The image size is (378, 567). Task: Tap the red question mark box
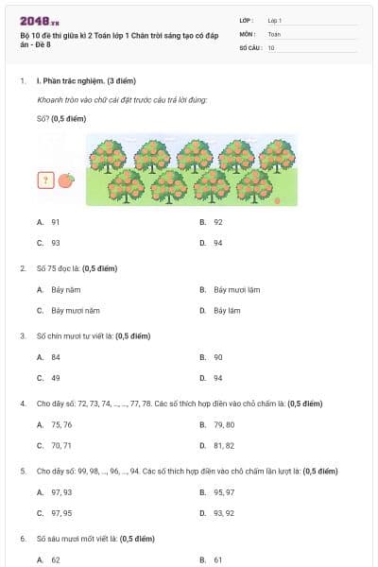[x=44, y=180]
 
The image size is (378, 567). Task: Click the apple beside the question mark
[x=65, y=180]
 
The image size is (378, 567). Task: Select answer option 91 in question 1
[x=56, y=221]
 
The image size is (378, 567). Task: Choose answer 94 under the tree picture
[x=217, y=242]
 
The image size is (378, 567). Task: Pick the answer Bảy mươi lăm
[x=236, y=289]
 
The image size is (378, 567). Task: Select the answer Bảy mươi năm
[x=76, y=310]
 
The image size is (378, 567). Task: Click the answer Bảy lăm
[x=226, y=310]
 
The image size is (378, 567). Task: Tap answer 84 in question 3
[x=56, y=357]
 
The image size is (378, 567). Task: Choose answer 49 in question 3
[x=56, y=378]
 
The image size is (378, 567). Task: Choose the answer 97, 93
[x=60, y=492]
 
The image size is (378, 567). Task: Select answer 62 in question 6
[x=56, y=560]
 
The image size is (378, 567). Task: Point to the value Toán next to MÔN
[x=274, y=33]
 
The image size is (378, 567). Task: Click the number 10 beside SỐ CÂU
[x=271, y=46]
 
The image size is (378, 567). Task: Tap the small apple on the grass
[x=277, y=200]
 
